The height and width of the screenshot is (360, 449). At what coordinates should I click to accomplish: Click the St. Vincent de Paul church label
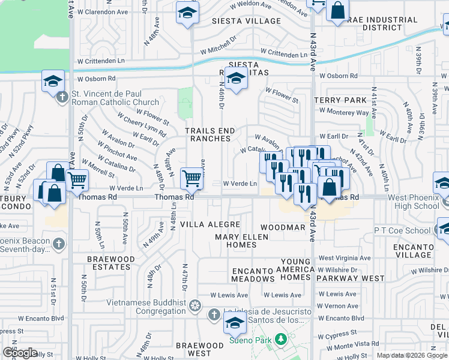(x=115, y=98)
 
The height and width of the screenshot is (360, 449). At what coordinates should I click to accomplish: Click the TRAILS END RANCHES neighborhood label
(x=208, y=134)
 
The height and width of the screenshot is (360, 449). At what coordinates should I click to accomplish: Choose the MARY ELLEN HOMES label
(x=244, y=241)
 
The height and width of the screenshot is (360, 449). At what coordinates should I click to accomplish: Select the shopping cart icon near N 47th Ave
(x=191, y=178)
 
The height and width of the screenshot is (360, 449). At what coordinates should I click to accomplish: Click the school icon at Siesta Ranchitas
(x=236, y=78)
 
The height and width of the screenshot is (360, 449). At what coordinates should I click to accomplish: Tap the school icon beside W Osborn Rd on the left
(x=53, y=80)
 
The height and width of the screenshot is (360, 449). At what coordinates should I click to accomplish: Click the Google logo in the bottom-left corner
(x=20, y=353)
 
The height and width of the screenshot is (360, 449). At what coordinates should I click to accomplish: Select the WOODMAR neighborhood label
(x=283, y=228)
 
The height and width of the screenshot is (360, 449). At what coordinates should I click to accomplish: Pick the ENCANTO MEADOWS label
(x=253, y=275)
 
